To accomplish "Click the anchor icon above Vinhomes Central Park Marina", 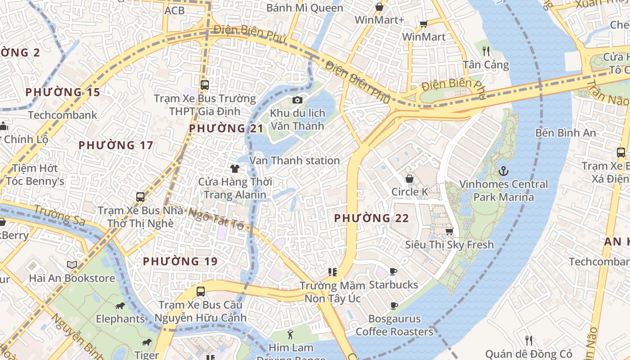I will pyautogui.click(x=504, y=171).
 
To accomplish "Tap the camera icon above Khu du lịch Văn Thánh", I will pyautogui.click(x=297, y=100).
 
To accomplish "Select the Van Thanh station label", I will pyautogui.click(x=295, y=161).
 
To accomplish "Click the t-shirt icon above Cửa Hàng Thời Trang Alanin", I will pyautogui.click(x=234, y=169).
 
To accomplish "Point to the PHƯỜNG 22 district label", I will pyautogui.click(x=371, y=219).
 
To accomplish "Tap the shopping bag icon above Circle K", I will pyautogui.click(x=409, y=179).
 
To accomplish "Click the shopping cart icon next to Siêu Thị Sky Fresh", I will pyautogui.click(x=449, y=231).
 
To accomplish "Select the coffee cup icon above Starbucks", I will pyautogui.click(x=393, y=271).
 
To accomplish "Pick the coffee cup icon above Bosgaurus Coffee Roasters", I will pyautogui.click(x=394, y=306).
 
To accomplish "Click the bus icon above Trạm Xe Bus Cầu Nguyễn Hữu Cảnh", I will pyautogui.click(x=201, y=291).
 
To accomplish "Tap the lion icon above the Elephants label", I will pyautogui.click(x=120, y=306).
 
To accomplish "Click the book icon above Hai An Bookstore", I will pyautogui.click(x=72, y=265).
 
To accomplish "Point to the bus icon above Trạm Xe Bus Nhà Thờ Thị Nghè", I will pyautogui.click(x=140, y=197).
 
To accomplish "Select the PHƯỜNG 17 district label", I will pyautogui.click(x=116, y=145).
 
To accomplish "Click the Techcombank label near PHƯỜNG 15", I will pyautogui.click(x=63, y=115).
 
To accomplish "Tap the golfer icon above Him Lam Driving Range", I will pyautogui.click(x=290, y=334).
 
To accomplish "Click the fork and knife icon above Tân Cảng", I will pyautogui.click(x=486, y=51).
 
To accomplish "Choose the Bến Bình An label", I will pyautogui.click(x=565, y=133).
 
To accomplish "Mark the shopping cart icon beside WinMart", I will pyautogui.click(x=423, y=24).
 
